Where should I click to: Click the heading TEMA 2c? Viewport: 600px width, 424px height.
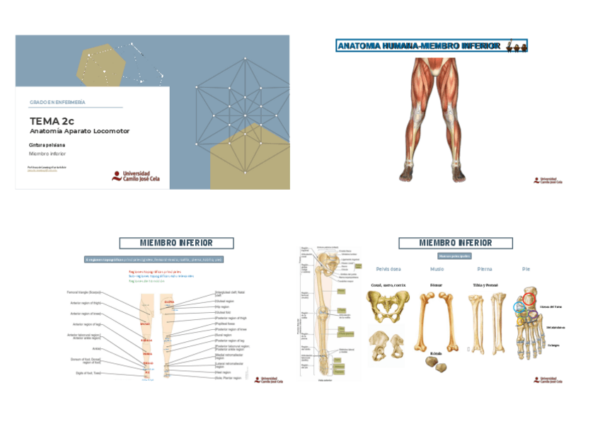pos(52,121)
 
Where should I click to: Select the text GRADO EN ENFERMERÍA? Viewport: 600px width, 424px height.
pos(57,103)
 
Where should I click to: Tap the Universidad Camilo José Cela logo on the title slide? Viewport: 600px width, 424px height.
pos(137,176)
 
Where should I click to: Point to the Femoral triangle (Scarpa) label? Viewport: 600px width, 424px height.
pos(85,292)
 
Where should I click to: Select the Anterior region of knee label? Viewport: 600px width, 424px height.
pos(86,313)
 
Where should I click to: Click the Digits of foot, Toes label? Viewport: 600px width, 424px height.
pos(88,372)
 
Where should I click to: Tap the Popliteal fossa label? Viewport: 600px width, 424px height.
pos(227,323)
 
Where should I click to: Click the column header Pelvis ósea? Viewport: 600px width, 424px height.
pos(388,269)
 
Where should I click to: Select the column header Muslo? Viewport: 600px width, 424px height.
pos(437,269)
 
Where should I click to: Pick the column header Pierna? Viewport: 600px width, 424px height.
pos(485,269)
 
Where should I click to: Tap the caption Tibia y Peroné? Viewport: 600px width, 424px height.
pos(485,285)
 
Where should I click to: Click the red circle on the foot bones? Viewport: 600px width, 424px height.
pos(529,299)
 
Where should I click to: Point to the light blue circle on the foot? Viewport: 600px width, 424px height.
pos(520,307)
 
